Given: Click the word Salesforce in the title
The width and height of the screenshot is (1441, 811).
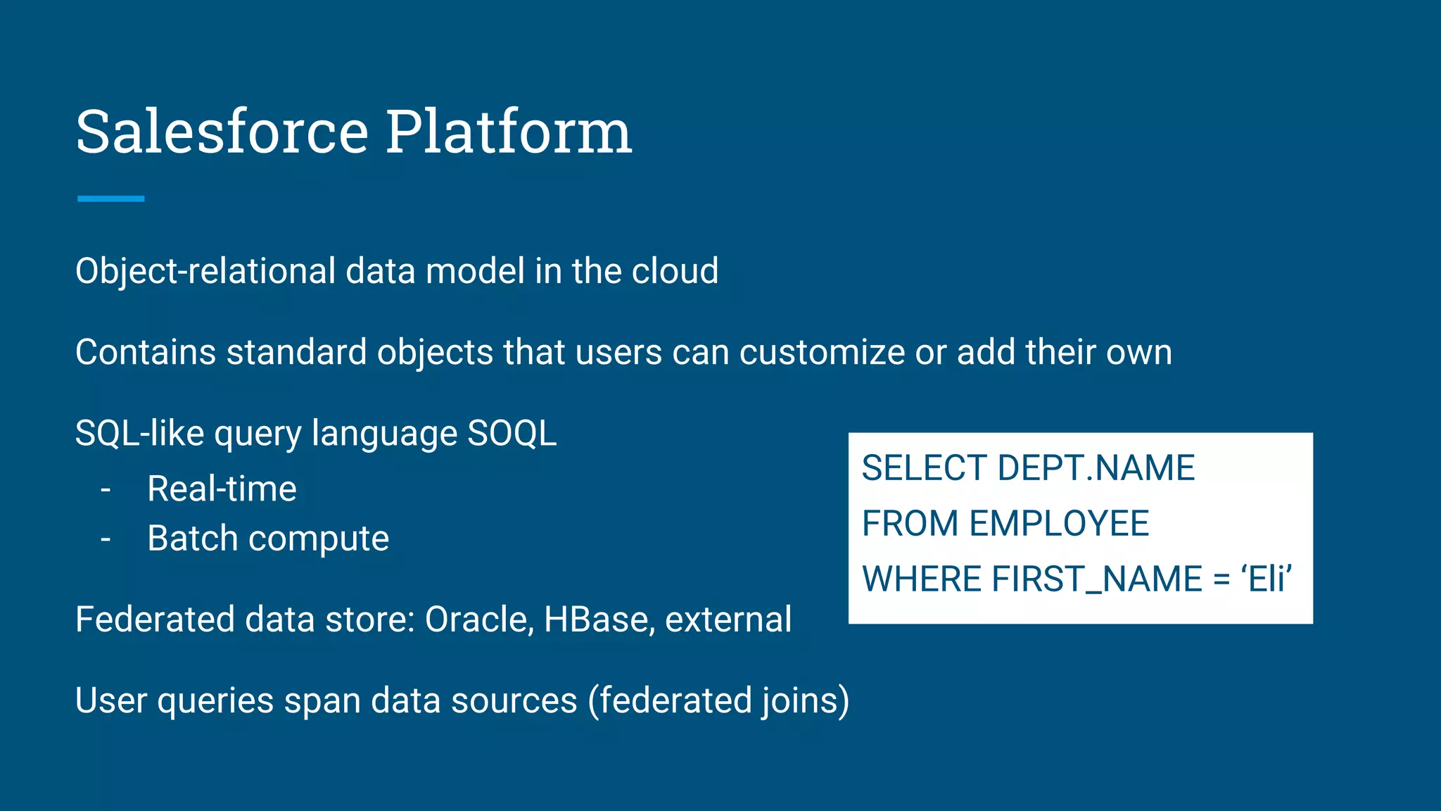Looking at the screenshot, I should [222, 132].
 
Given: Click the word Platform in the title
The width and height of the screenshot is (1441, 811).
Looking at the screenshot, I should [508, 132].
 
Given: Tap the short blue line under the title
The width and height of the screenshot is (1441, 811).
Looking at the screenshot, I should [110, 199].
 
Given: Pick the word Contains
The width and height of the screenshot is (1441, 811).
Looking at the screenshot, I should [145, 352].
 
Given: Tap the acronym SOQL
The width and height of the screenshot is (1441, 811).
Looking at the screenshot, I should [512, 433].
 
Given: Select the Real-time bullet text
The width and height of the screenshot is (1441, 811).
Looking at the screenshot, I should [222, 489].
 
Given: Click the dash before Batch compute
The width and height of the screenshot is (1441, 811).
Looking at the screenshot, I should [106, 539].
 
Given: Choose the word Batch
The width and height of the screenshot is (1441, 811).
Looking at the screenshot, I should [192, 539].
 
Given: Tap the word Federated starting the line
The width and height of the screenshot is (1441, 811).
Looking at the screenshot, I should [155, 620].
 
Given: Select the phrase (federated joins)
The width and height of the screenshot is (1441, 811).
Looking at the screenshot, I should [718, 700].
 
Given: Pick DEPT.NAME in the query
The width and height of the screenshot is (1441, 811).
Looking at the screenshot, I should [1096, 468].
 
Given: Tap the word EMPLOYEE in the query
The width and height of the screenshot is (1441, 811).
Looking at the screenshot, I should [1058, 524].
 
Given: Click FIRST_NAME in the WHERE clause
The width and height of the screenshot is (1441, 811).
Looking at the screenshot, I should [1097, 579].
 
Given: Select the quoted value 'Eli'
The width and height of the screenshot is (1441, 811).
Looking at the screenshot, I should [1267, 579].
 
